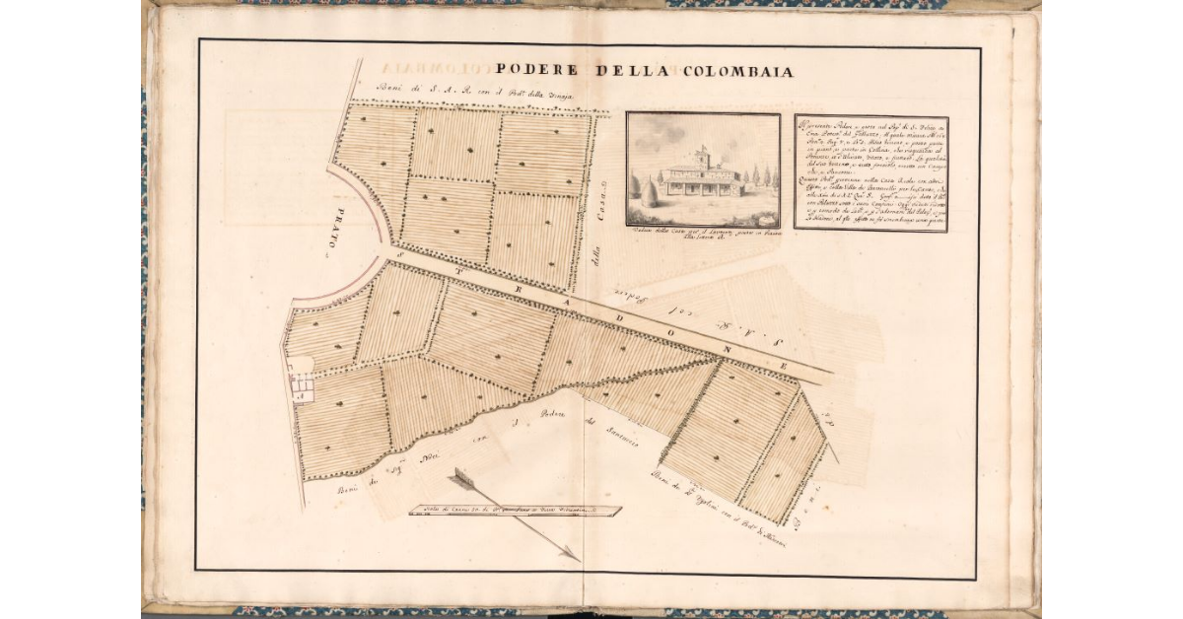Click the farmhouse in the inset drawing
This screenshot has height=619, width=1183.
[703, 177]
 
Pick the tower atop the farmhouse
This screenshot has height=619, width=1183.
[703, 157]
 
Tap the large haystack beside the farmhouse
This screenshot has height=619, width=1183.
[650, 191]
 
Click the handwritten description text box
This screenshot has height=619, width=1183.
[870, 173]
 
